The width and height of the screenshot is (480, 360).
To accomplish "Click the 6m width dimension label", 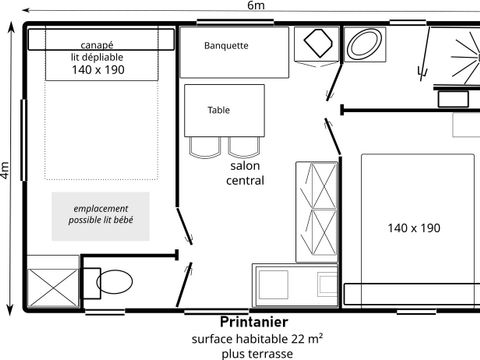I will point(257,6).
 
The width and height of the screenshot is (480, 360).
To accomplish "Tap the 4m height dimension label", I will point(6,171).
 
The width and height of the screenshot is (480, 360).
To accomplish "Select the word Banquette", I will point(226,46).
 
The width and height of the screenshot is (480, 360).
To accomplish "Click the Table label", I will point(218,111).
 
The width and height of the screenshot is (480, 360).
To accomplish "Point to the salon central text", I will point(246,173).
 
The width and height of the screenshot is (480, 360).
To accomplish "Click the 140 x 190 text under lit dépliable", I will point(97,72).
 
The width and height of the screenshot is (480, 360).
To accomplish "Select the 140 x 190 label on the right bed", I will point(413,228).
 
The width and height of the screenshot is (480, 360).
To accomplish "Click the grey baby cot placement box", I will point(100,215).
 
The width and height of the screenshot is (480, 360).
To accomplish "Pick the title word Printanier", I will point(253,322).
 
